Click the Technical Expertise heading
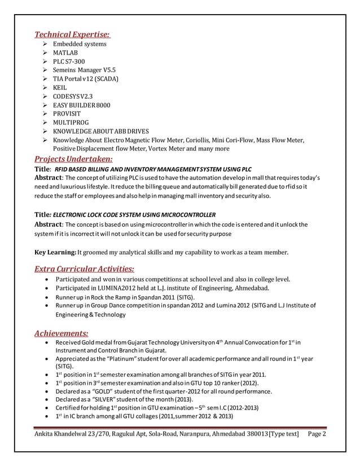(73, 34)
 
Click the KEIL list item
(60, 87)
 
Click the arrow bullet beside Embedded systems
(46, 44)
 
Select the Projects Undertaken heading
(74, 159)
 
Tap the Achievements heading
(62, 333)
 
